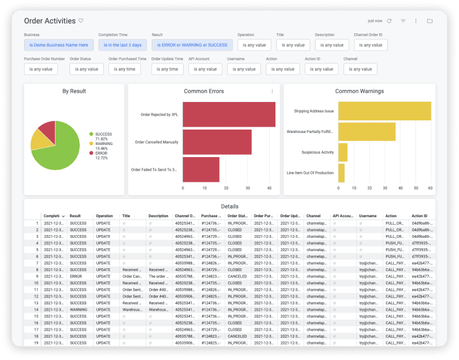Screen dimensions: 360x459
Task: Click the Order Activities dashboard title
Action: (49, 21)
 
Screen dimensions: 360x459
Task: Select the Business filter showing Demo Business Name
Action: (59, 45)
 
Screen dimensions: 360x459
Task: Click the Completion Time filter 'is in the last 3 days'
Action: (123, 45)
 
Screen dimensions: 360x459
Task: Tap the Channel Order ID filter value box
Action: (371, 45)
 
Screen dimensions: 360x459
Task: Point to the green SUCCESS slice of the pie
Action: (57, 152)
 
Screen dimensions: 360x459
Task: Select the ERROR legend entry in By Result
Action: (102, 153)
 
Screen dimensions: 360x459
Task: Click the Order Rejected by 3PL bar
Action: (228, 114)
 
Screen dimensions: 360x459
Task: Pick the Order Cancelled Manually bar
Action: (217, 142)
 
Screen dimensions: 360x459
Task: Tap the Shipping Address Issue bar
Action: (384, 111)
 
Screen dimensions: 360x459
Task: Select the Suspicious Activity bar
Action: (343, 152)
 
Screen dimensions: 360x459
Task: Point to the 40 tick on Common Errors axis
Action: (270, 187)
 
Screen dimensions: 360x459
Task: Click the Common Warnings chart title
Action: (359, 91)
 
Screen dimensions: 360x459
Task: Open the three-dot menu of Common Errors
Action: (272, 91)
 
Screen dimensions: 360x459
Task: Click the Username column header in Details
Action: (368, 216)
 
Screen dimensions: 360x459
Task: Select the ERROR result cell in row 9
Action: (76, 276)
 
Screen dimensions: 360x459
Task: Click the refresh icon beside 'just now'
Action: (389, 21)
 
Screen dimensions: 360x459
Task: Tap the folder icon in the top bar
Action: (430, 21)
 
